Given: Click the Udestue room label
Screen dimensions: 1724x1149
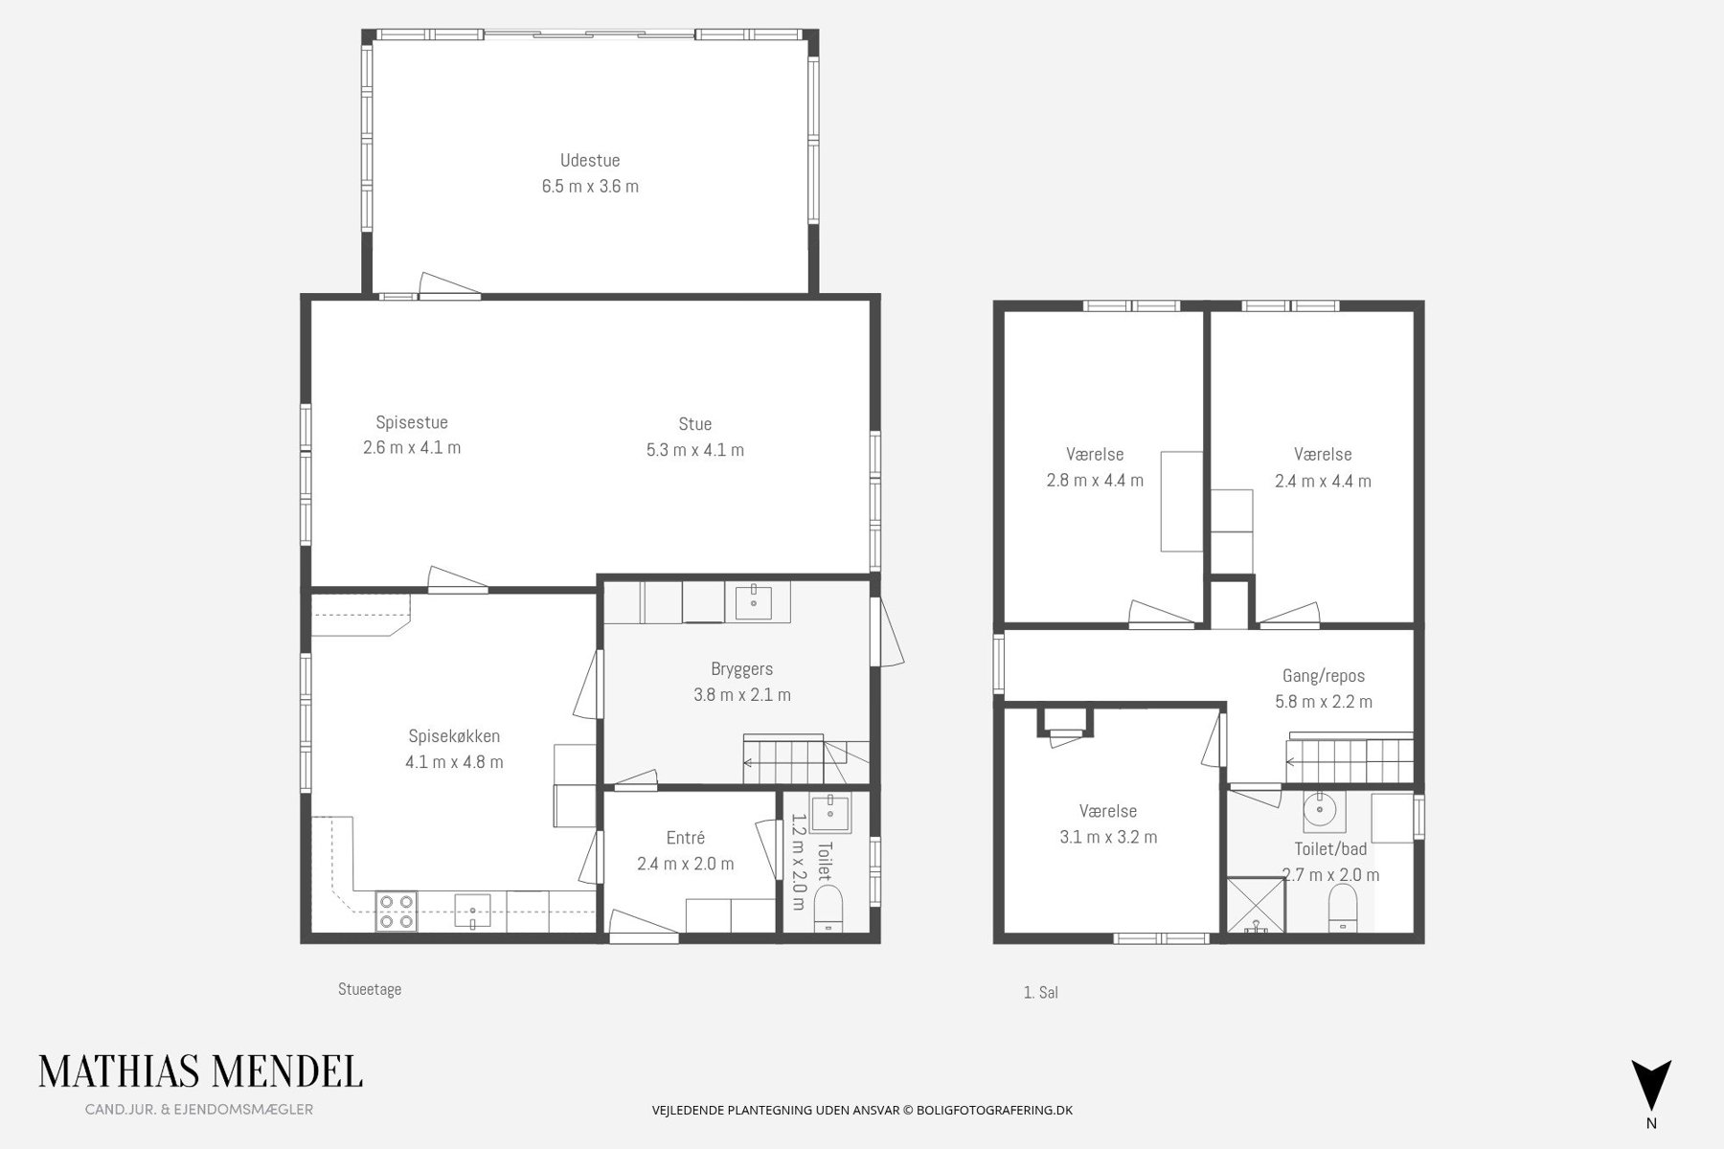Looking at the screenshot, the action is tap(590, 160).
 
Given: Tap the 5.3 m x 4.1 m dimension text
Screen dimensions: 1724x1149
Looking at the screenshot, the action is tap(695, 450).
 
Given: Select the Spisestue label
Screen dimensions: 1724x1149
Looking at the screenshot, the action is tap(412, 422).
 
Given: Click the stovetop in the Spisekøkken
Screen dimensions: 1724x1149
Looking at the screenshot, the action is tap(397, 911).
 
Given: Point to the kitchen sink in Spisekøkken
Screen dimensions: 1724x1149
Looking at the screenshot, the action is tap(472, 911).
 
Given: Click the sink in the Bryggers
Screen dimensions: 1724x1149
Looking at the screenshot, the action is tap(755, 601).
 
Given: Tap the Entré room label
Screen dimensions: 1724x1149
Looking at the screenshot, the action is tap(686, 838).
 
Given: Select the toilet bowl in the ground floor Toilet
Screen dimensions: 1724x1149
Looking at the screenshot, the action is tap(828, 907).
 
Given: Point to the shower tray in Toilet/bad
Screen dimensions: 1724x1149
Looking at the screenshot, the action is tap(1254, 905).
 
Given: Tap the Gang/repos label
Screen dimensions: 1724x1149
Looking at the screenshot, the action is tap(1324, 676).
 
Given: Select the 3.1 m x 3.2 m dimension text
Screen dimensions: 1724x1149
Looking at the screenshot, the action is tap(1108, 837).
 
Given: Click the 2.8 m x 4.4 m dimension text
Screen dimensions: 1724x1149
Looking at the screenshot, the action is tap(1095, 481).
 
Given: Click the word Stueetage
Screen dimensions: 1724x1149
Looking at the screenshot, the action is tap(370, 989).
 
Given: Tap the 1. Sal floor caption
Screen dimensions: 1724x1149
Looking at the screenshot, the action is tap(1040, 993).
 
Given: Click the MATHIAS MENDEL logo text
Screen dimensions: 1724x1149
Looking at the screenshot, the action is tap(200, 1072).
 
